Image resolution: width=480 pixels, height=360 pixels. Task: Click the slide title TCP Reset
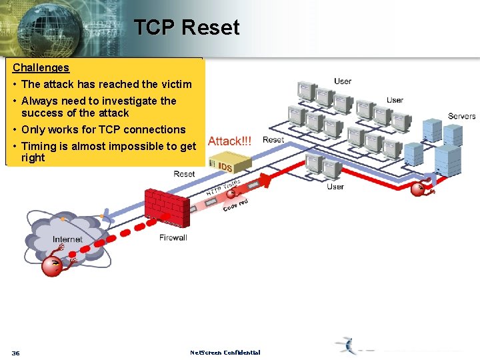click(x=186, y=27)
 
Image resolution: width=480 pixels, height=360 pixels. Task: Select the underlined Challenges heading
click(x=41, y=67)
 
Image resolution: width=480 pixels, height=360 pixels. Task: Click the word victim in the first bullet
click(x=175, y=84)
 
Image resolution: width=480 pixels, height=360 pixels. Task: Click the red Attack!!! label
click(x=230, y=141)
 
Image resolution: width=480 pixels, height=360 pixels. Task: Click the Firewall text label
click(x=173, y=237)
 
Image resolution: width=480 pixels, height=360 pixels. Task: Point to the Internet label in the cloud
click(x=67, y=239)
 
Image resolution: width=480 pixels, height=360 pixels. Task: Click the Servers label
click(x=461, y=116)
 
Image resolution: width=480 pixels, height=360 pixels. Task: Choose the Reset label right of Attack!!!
click(x=273, y=139)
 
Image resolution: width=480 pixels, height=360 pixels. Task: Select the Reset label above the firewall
click(x=184, y=174)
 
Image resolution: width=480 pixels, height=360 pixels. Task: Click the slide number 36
click(x=16, y=353)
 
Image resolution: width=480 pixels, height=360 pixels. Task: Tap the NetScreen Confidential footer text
click(x=225, y=353)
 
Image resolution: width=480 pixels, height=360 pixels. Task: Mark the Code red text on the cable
click(x=235, y=206)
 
